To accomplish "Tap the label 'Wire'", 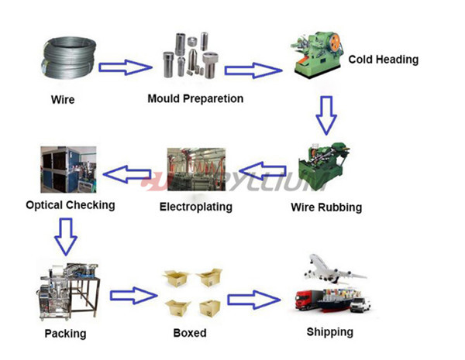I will click(63, 100).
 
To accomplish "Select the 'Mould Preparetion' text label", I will click(196, 98).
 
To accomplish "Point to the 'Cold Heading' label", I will click(383, 59).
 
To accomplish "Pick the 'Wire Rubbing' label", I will click(325, 207).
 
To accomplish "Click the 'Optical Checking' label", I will click(70, 205).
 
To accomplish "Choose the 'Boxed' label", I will click(190, 333).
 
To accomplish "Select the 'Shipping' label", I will click(329, 332).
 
